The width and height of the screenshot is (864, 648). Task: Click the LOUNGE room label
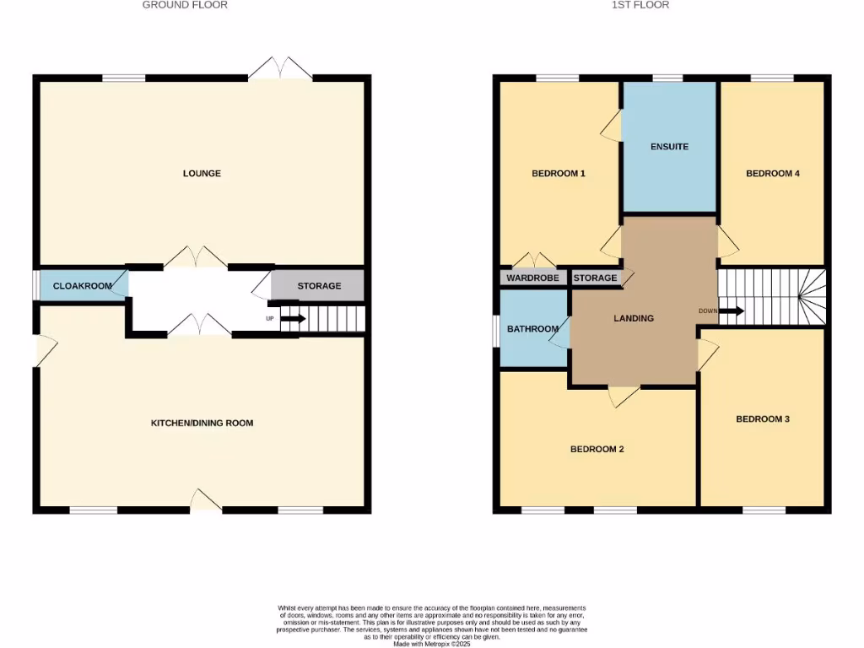[x=202, y=174]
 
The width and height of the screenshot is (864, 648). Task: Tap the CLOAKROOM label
[x=83, y=286]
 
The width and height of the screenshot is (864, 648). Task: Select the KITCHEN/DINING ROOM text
[x=202, y=423]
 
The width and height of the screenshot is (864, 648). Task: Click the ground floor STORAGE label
[x=319, y=286]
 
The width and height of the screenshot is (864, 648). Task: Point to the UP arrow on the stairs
[x=292, y=319]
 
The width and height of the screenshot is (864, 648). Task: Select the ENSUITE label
[x=669, y=147]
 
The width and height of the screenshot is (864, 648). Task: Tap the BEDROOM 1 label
[x=559, y=174]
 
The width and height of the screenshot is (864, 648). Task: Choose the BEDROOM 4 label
[x=772, y=174]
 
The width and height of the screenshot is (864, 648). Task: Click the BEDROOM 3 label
[x=763, y=418]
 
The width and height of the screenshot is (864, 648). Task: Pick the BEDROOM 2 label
[x=597, y=449]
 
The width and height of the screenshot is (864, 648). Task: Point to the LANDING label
[x=633, y=318]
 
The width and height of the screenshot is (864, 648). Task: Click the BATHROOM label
[x=532, y=329]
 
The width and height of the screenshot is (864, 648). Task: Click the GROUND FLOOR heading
[x=185, y=5]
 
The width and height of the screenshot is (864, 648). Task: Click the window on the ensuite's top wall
[x=667, y=78]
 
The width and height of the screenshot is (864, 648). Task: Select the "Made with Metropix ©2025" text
[x=431, y=644]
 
